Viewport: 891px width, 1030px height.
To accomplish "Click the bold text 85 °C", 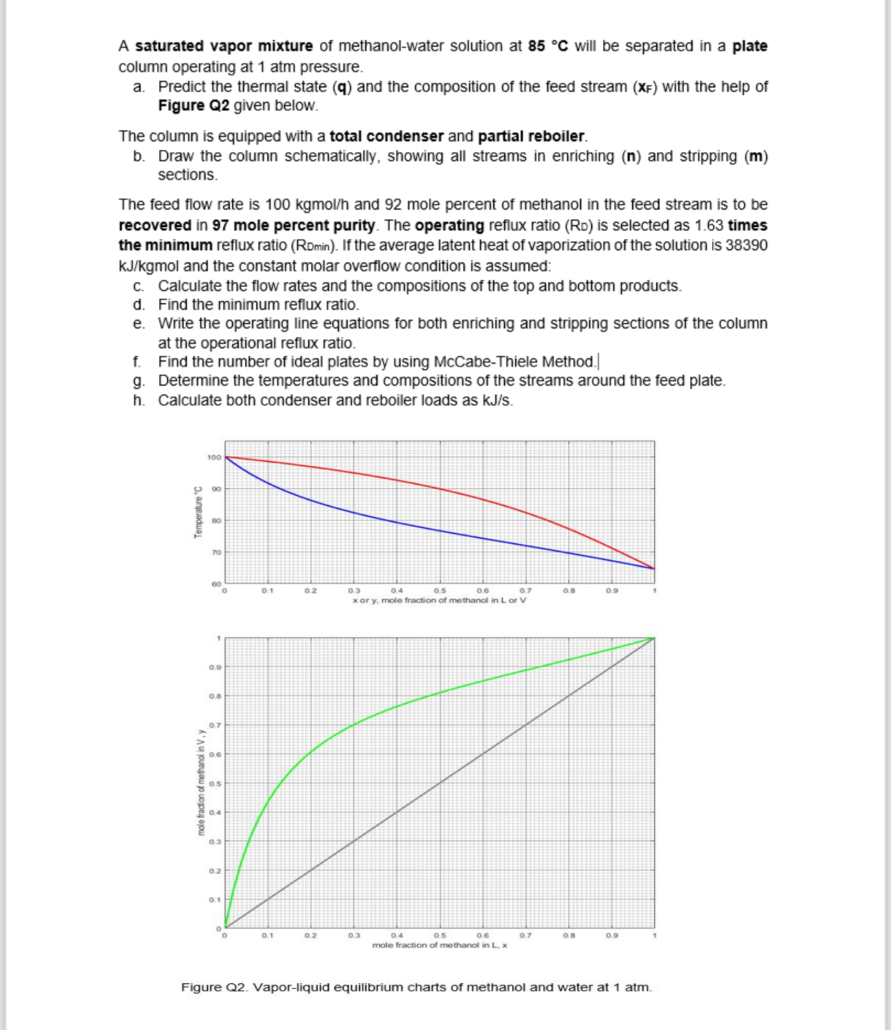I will (x=548, y=46).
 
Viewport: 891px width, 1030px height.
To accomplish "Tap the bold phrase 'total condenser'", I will (x=386, y=136).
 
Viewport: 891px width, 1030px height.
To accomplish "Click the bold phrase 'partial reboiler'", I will (x=532, y=136).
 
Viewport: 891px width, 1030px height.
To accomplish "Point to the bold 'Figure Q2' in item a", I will (x=193, y=106).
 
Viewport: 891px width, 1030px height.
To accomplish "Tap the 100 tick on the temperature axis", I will (x=213, y=457).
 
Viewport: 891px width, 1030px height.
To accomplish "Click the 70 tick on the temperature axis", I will (x=216, y=552).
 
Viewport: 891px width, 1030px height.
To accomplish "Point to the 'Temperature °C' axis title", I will (x=198, y=510).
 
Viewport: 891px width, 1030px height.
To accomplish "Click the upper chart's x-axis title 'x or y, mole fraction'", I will (x=439, y=601).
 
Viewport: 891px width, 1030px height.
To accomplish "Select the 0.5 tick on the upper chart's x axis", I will (x=439, y=591).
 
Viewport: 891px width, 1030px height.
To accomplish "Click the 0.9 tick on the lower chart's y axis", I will (x=215, y=668).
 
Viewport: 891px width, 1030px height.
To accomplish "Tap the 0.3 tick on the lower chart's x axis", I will (x=354, y=935).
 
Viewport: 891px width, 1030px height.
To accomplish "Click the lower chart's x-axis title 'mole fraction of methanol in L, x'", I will (x=439, y=945).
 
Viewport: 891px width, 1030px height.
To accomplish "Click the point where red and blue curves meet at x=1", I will (x=654, y=569).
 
